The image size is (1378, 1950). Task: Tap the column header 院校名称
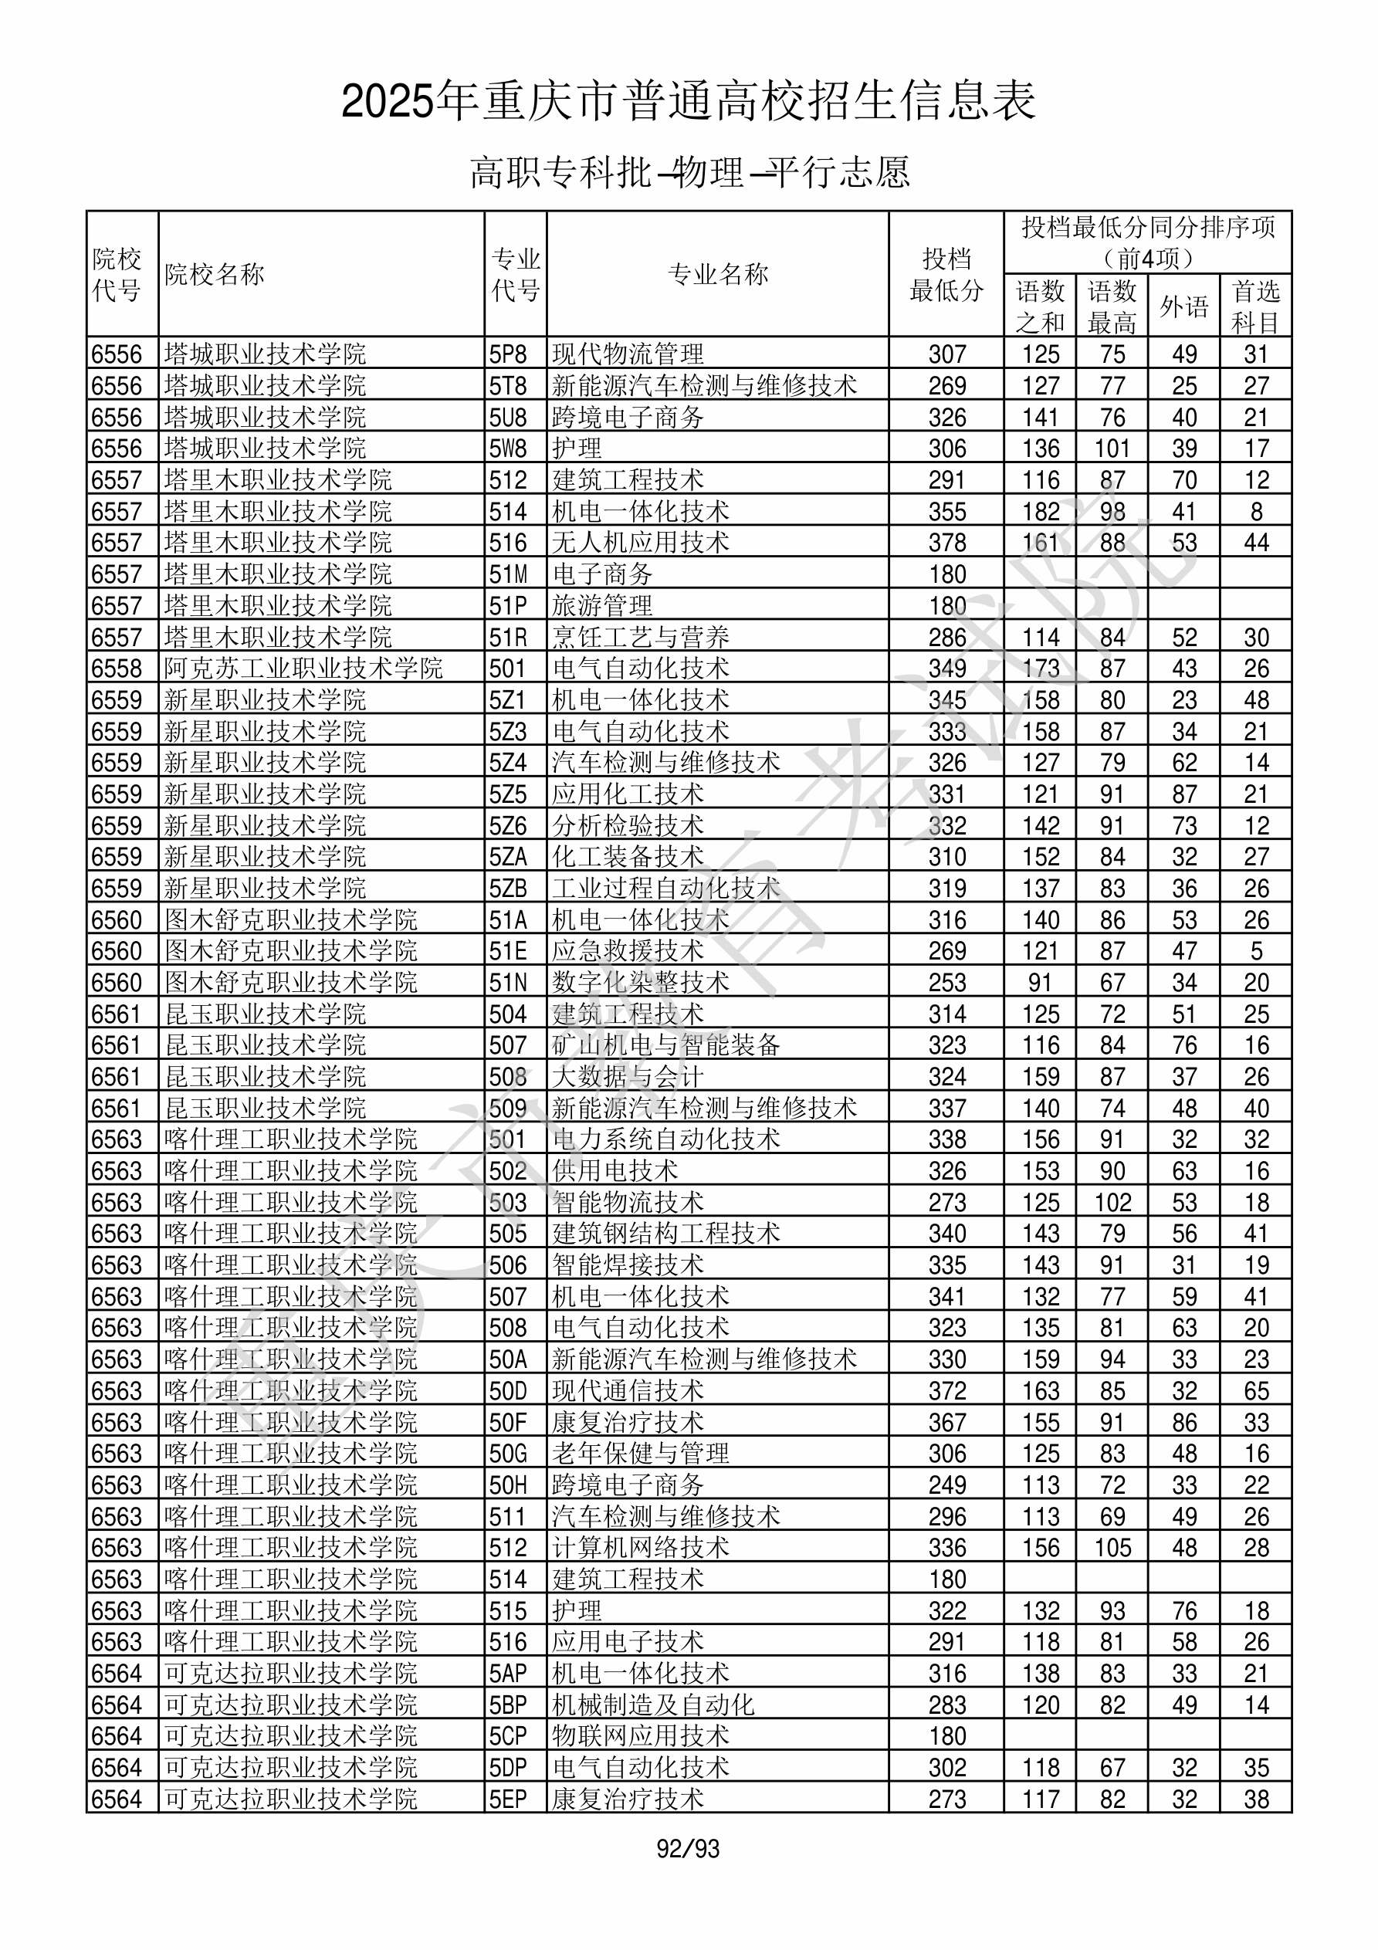[x=215, y=274]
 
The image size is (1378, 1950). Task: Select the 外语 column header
[x=1183, y=306]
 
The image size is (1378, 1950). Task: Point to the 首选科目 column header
[x=1256, y=306]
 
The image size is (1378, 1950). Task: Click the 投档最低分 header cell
[x=946, y=274]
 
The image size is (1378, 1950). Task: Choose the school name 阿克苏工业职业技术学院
[x=303, y=669]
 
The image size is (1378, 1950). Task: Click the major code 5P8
[x=508, y=354]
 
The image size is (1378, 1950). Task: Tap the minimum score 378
[x=947, y=543]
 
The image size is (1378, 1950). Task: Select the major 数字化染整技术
[x=641, y=983]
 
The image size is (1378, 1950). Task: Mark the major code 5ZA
[x=508, y=857]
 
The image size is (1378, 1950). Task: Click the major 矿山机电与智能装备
[x=666, y=1045]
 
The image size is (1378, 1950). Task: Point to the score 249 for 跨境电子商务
[x=947, y=1485]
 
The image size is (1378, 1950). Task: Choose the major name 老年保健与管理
[x=641, y=1454]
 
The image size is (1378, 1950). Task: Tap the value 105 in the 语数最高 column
[x=1112, y=1549]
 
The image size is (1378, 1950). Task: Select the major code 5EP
[x=508, y=1799]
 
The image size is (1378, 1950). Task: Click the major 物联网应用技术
[x=641, y=1737]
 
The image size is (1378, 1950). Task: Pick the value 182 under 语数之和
[x=1041, y=511]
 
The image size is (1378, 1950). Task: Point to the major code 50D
[x=508, y=1391]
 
